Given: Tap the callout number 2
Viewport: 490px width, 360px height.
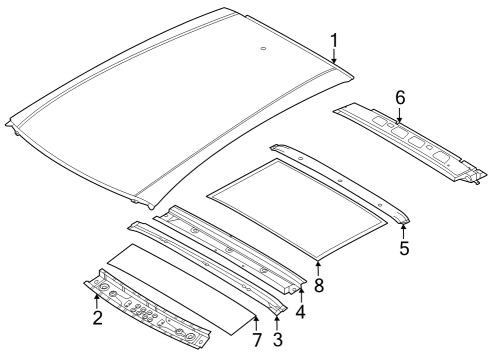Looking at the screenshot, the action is [97, 318].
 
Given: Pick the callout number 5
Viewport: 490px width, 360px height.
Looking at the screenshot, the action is [404, 247].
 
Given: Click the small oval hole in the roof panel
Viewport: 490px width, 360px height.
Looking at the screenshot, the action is [262, 48].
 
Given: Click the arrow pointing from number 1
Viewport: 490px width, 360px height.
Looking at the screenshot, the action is [334, 58].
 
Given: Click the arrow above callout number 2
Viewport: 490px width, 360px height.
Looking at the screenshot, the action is [97, 299].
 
